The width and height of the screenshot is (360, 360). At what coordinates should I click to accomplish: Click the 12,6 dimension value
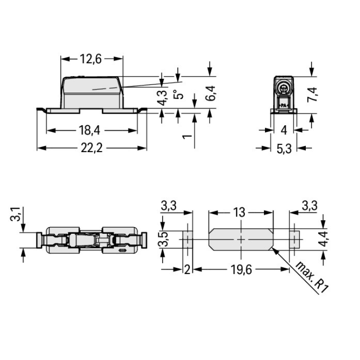tap(91, 59)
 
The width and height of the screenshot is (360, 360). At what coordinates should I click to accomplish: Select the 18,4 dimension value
tap(90, 130)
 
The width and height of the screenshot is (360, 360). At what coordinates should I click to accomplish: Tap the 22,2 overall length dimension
tap(91, 148)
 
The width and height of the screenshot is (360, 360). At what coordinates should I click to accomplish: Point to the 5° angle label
tap(179, 94)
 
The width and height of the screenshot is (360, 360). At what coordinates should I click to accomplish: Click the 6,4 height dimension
tap(210, 93)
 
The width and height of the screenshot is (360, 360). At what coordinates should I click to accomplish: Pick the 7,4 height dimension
tap(312, 95)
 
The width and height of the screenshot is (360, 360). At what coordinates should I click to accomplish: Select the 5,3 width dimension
tap(284, 148)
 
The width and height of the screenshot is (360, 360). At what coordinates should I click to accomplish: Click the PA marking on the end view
tap(284, 106)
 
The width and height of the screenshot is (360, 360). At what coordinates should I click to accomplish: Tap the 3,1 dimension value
tap(16, 214)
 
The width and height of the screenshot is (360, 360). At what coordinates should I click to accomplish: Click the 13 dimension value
tap(240, 212)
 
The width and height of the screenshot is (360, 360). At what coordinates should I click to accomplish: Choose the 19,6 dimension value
tap(241, 269)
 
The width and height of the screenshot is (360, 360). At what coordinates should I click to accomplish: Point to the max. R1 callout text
tap(312, 277)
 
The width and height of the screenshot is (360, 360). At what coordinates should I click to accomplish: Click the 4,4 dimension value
tap(324, 239)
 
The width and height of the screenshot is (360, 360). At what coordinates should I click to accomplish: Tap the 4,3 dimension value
tap(163, 97)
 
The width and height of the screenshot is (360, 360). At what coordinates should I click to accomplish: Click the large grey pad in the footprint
tap(241, 240)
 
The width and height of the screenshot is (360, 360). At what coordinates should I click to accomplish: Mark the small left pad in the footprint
tap(188, 240)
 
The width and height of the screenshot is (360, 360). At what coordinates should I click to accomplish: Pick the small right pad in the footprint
tap(294, 240)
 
